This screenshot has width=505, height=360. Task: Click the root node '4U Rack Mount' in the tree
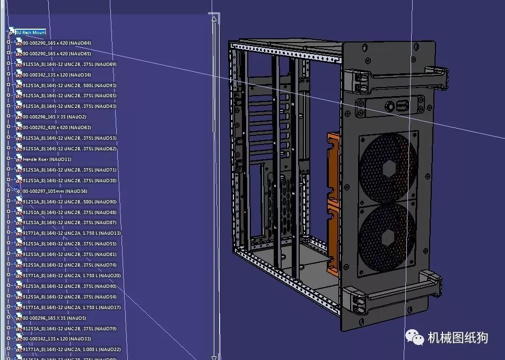[x=31, y=32]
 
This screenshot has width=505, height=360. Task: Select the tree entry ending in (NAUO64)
[x=53, y=43]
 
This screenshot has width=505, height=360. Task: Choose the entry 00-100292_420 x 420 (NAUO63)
[x=53, y=127]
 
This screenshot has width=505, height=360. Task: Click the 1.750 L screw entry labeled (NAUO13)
[x=72, y=233]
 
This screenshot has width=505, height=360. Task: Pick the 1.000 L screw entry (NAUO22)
[x=72, y=349]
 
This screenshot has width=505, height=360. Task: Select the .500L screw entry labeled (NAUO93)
[x=69, y=85]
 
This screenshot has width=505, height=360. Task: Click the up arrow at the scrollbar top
[x=214, y=19]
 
